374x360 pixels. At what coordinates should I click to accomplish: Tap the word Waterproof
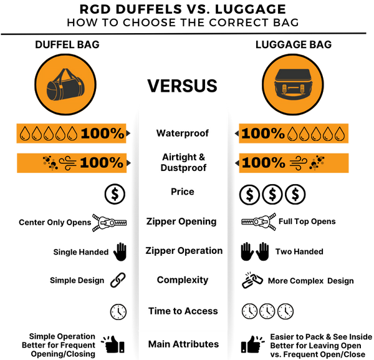183,133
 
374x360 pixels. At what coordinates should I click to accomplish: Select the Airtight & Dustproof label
183,162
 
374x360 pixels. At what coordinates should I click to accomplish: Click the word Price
183,192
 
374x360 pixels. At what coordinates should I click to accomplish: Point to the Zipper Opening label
181,221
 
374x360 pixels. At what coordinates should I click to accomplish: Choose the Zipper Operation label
184,251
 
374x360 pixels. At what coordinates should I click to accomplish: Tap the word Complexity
183,280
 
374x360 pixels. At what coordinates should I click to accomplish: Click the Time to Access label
183,311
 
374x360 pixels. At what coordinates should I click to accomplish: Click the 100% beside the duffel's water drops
102,134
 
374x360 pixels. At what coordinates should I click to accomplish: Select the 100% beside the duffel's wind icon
102,163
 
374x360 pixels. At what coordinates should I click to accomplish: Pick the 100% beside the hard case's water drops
263,134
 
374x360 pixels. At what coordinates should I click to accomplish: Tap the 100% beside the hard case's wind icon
263,163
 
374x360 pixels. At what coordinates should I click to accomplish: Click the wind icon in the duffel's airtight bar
68,163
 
